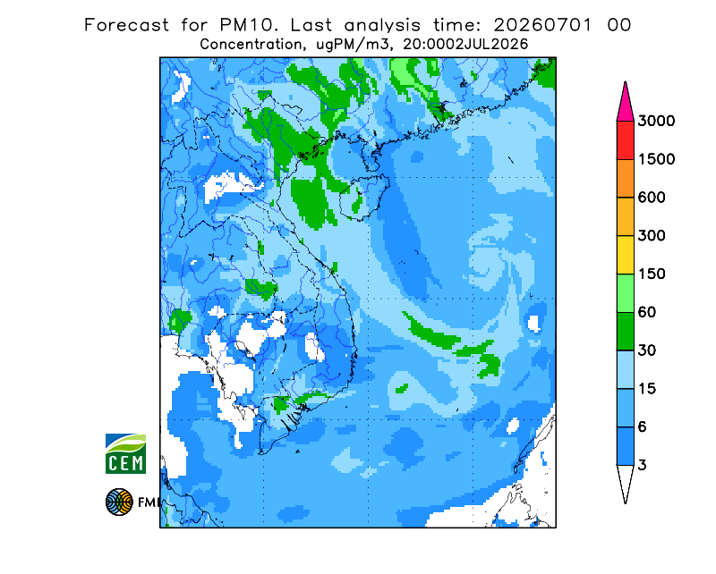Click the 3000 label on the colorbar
coord(656,121)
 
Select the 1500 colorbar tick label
coord(656,159)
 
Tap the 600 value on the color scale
coord(652,198)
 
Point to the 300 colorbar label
coord(652,236)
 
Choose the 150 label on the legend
coord(652,274)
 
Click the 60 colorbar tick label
coord(647,313)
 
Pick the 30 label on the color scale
coord(647,350)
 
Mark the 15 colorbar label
coord(647,389)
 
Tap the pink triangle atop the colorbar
coord(625,105)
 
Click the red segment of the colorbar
coord(625,140)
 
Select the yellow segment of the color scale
coord(625,255)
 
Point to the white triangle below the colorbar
coord(625,479)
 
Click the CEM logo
coord(125,453)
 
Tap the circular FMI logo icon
coord(119,502)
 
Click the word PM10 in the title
coord(249,25)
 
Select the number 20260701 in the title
coord(542,25)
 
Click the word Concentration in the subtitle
coord(251,45)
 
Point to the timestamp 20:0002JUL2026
coord(465,45)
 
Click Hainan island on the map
coord(364,197)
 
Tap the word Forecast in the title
coord(126,25)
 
